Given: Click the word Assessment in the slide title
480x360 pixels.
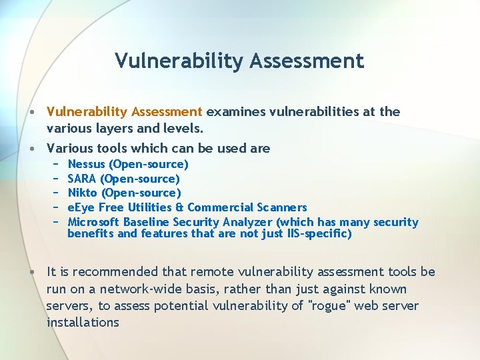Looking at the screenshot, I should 307,61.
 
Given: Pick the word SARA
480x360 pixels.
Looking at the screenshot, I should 82,179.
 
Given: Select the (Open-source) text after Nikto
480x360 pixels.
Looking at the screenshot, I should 141,193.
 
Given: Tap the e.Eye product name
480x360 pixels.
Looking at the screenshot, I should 82,208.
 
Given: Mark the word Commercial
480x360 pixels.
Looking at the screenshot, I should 217,208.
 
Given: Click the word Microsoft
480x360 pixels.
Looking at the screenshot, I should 94,222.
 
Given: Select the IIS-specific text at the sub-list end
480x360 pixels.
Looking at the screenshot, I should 319,234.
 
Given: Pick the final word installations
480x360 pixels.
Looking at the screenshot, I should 83,323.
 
